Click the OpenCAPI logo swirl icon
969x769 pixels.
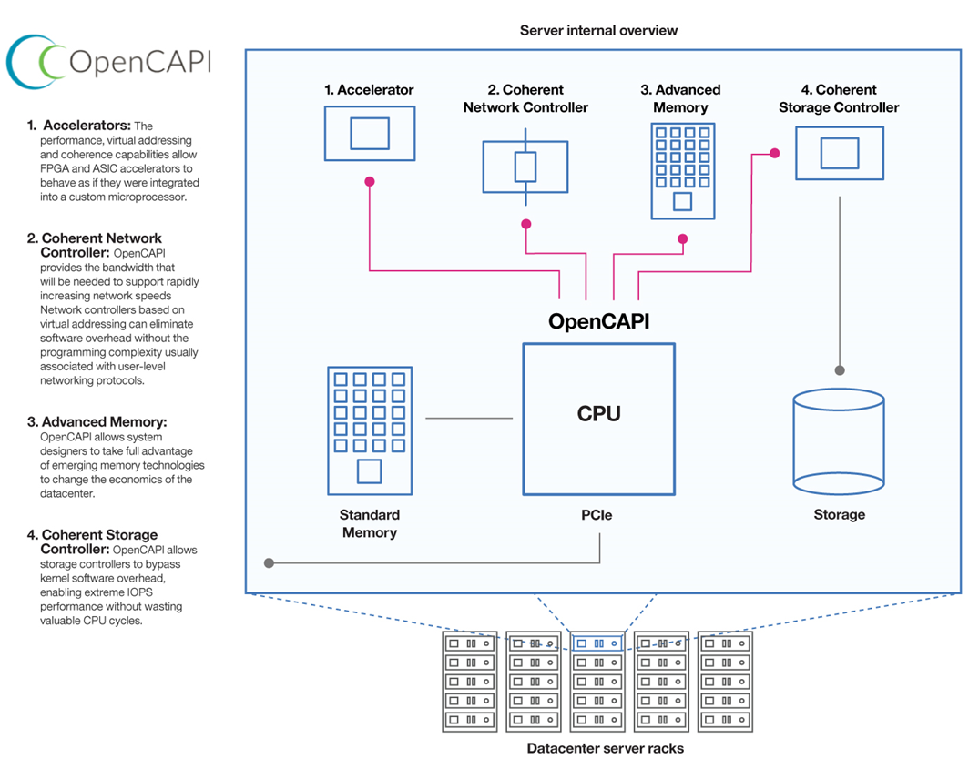coord(34,60)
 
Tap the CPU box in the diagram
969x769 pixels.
coord(598,419)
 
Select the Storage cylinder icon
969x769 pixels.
coord(839,438)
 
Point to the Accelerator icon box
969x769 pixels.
coord(369,134)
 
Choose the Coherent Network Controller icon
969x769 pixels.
coord(525,167)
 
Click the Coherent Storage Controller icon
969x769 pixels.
coord(839,152)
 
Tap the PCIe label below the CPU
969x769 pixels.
coord(598,515)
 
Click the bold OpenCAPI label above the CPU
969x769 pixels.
coord(598,321)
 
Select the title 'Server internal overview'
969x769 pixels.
coord(598,30)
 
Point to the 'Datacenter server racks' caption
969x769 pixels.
coord(605,748)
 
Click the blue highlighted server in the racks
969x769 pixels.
coord(596,643)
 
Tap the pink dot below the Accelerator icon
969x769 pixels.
coord(369,182)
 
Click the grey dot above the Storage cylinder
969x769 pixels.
coord(840,370)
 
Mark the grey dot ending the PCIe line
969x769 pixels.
coord(269,563)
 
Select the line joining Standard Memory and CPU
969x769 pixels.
coord(469,418)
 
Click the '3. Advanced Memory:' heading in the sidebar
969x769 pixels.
coord(104,422)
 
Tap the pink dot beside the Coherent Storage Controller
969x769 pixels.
coord(775,153)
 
